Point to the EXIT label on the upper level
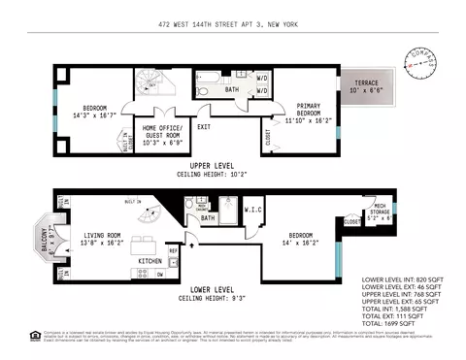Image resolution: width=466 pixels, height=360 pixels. [x=204, y=127]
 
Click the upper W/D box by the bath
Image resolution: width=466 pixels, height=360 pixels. [x=262, y=77]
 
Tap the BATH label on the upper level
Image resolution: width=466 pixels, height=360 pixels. [x=231, y=90]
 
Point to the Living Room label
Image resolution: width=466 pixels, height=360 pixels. [x=101, y=237]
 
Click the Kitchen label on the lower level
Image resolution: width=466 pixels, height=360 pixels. [x=150, y=262]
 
